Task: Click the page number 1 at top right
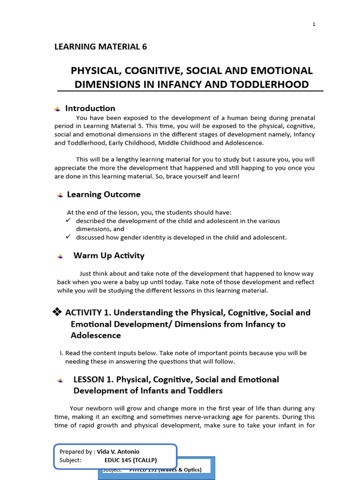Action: click(314, 24)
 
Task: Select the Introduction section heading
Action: click(90, 108)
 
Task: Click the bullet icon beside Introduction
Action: click(57, 109)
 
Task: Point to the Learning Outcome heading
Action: click(104, 194)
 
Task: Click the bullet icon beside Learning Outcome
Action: click(60, 195)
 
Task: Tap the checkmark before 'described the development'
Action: click(68, 220)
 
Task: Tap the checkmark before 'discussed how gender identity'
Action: click(68, 237)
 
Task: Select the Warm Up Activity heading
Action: click(109, 255)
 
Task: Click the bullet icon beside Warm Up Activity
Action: click(60, 256)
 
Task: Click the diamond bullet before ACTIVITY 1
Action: click(57, 312)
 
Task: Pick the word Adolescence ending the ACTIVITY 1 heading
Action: click(96, 335)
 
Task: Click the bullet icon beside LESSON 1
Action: click(60, 380)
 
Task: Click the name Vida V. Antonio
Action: click(118, 451)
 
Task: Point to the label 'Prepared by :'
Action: click(77, 451)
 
